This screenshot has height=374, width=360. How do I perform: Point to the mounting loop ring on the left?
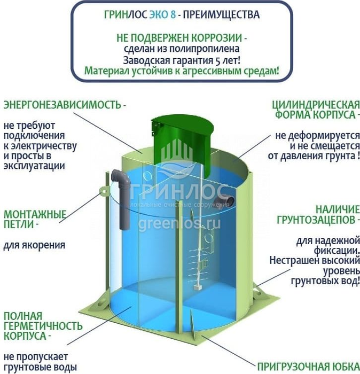tap(104, 191)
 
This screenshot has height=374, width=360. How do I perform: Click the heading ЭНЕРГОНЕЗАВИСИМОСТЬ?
tap(62, 105)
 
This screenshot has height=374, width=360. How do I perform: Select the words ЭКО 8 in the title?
tap(162, 15)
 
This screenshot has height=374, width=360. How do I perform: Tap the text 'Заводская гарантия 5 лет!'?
tap(182, 60)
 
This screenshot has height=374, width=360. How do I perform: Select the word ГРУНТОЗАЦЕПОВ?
tap(316, 220)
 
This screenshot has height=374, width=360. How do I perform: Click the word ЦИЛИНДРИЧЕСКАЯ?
tap(316, 105)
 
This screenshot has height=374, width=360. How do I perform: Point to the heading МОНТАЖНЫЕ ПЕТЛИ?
tap(35, 220)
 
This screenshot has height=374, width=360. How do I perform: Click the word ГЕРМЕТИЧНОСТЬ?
tap(43, 326)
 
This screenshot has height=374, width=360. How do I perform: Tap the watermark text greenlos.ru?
tap(179, 224)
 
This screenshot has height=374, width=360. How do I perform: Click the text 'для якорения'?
tap(34, 245)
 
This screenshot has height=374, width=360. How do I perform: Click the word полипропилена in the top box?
tap(198, 49)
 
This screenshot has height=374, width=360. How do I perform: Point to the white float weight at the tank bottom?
tap(197, 287)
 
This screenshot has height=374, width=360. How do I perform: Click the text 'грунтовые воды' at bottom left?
tap(40, 367)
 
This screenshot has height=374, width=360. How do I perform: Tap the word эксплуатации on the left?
tap(34, 166)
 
